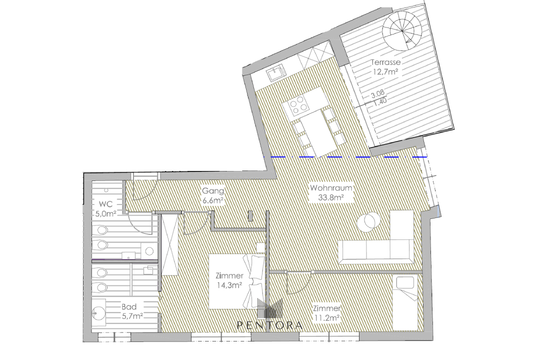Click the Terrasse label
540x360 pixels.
click(x=385, y=62)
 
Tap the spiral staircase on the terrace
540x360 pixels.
click(x=402, y=30)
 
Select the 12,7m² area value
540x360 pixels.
click(x=385, y=72)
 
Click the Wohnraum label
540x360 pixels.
click(x=331, y=188)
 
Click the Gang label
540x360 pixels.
click(x=213, y=190)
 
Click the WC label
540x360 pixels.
click(x=105, y=204)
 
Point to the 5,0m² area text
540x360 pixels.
click(x=105, y=213)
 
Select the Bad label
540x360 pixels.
click(x=129, y=306)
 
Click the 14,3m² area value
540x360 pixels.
click(x=229, y=285)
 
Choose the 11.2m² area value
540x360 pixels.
click(x=326, y=317)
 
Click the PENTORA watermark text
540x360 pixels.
click(x=270, y=325)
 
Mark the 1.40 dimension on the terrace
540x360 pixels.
click(x=380, y=101)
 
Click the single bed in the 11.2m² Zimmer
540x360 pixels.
click(x=405, y=302)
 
